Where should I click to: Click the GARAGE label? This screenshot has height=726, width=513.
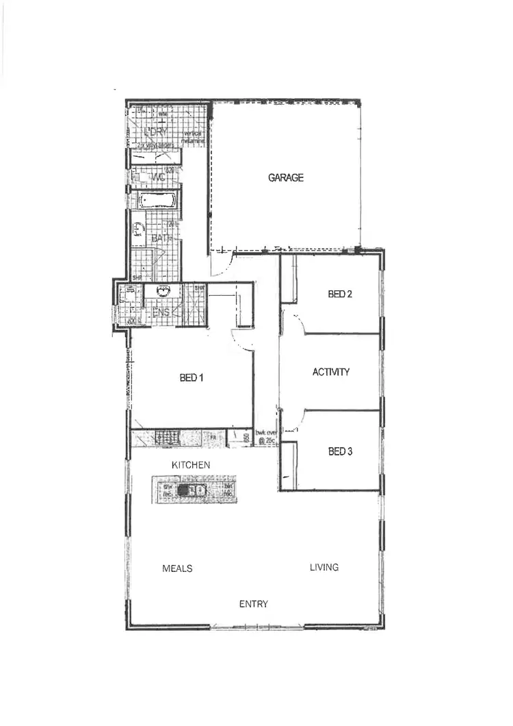[285, 178]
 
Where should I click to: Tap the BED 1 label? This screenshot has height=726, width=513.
[192, 377]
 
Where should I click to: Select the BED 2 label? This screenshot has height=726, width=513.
[340, 295]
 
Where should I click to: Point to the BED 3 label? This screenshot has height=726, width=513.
[340, 451]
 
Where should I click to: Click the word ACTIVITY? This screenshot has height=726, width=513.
[331, 372]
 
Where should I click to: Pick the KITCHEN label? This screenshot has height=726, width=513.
[191, 465]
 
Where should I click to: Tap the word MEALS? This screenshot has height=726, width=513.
[177, 568]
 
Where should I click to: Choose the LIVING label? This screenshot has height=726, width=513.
[324, 567]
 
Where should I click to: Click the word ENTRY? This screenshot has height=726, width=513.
[253, 604]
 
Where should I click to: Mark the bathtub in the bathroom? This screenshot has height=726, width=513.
[157, 201]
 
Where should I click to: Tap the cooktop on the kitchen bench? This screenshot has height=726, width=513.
[166, 436]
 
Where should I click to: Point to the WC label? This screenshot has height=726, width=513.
[159, 177]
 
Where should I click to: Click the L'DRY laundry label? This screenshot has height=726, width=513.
[156, 130]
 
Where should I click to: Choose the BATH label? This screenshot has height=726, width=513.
[162, 238]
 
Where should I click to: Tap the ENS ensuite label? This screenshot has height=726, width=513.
[160, 312]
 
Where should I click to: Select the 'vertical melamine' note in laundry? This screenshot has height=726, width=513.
[196, 136]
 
